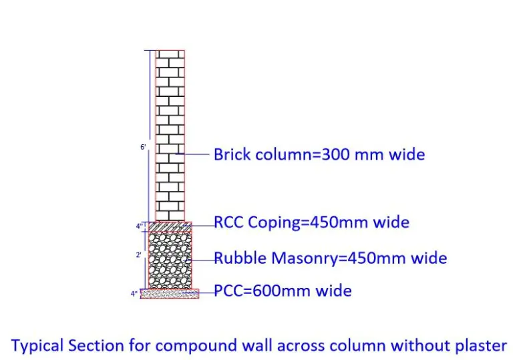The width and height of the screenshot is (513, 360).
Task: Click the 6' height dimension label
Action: point(143,147)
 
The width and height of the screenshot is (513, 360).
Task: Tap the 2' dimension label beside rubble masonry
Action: point(139,254)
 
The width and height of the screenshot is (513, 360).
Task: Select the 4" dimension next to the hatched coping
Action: point(140,226)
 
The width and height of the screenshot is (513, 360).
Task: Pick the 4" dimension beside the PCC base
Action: point(134,294)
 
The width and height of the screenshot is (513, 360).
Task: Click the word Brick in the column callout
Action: point(232,154)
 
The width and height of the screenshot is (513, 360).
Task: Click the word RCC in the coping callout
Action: point(228,222)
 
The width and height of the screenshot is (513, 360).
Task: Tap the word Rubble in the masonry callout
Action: point(240,258)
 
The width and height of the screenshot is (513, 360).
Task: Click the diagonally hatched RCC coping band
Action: point(170,226)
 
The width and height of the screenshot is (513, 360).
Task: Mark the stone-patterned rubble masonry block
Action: point(170,260)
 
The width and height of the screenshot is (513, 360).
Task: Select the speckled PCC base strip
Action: point(170,294)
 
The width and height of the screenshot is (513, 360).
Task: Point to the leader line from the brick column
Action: point(192,154)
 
